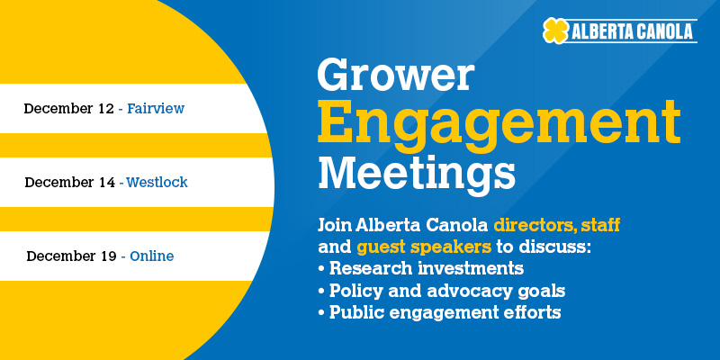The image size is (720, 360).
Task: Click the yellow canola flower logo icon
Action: pyautogui.click(x=556, y=31)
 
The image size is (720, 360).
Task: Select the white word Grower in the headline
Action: pyautogui.click(x=396, y=76)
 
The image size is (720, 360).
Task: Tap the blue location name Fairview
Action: pyautogui.click(x=156, y=108)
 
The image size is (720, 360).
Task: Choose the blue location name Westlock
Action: pyautogui.click(x=157, y=183)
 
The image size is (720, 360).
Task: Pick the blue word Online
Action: pyautogui.click(x=152, y=256)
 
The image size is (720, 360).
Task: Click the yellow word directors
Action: pyautogui.click(x=534, y=226)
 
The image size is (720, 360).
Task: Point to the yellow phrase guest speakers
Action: pyautogui.click(x=424, y=247)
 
